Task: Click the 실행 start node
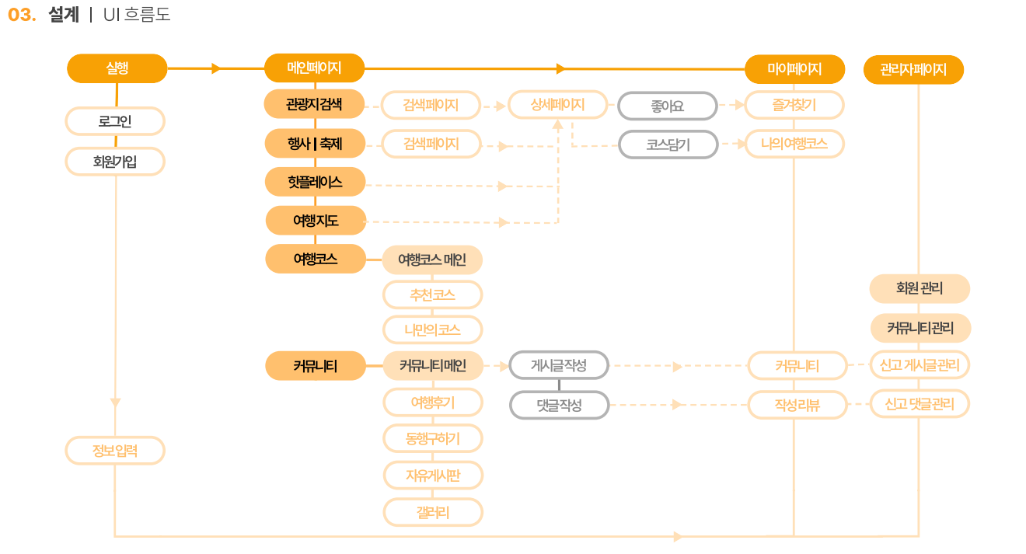(x=117, y=68)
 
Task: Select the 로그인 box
(x=115, y=121)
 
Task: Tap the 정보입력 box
(x=115, y=451)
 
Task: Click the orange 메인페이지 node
(x=314, y=68)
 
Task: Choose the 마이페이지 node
(x=794, y=69)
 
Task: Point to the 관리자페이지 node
(x=913, y=70)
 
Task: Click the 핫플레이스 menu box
(x=315, y=182)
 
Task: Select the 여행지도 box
(x=316, y=221)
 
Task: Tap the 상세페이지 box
(x=557, y=105)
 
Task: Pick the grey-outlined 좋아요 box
(x=667, y=106)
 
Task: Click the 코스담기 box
(x=668, y=145)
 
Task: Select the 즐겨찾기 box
(x=794, y=105)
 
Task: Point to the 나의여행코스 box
(x=794, y=144)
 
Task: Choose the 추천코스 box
(x=432, y=295)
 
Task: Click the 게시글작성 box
(x=559, y=365)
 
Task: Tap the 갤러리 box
(x=432, y=512)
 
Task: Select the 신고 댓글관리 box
(x=920, y=404)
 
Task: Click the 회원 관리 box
(x=920, y=288)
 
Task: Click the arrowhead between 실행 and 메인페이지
(x=217, y=68)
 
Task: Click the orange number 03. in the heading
(x=22, y=15)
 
